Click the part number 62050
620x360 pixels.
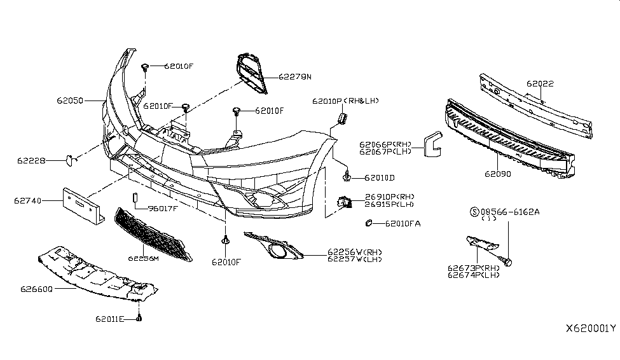[x=69, y=100]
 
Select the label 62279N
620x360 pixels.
[x=295, y=77]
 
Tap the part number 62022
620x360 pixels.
[x=540, y=83]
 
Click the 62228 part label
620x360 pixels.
[x=31, y=161]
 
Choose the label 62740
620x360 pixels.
[x=27, y=201]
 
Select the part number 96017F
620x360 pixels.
[x=162, y=208]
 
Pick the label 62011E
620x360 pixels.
[x=111, y=318]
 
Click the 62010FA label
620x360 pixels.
[x=402, y=223]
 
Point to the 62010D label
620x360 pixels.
[x=380, y=177]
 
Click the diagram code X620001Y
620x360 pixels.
[x=591, y=329]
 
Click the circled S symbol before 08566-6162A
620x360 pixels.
[x=473, y=211]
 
